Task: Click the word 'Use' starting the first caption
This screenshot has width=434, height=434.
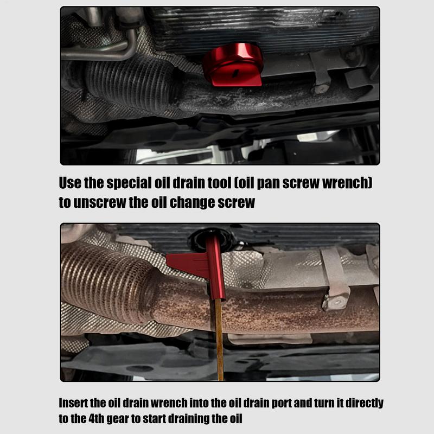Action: click(70, 183)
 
